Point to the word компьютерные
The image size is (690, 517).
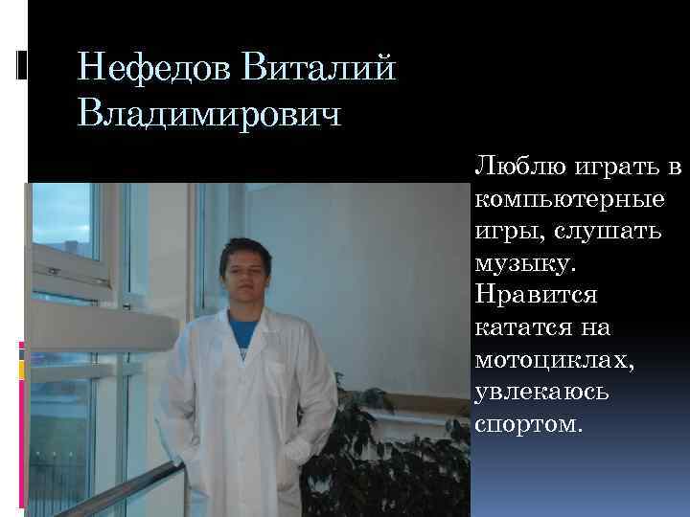568,201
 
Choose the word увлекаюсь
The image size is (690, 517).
543,392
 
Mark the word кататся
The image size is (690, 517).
518,327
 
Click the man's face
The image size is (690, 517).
243,274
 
